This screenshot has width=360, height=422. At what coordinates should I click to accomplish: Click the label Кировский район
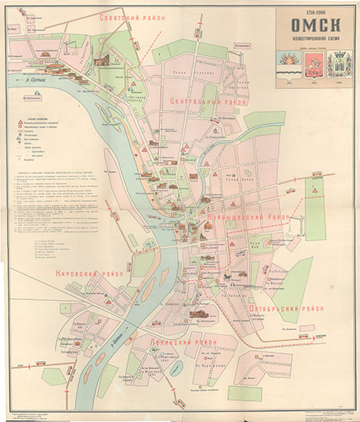point(85,274)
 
